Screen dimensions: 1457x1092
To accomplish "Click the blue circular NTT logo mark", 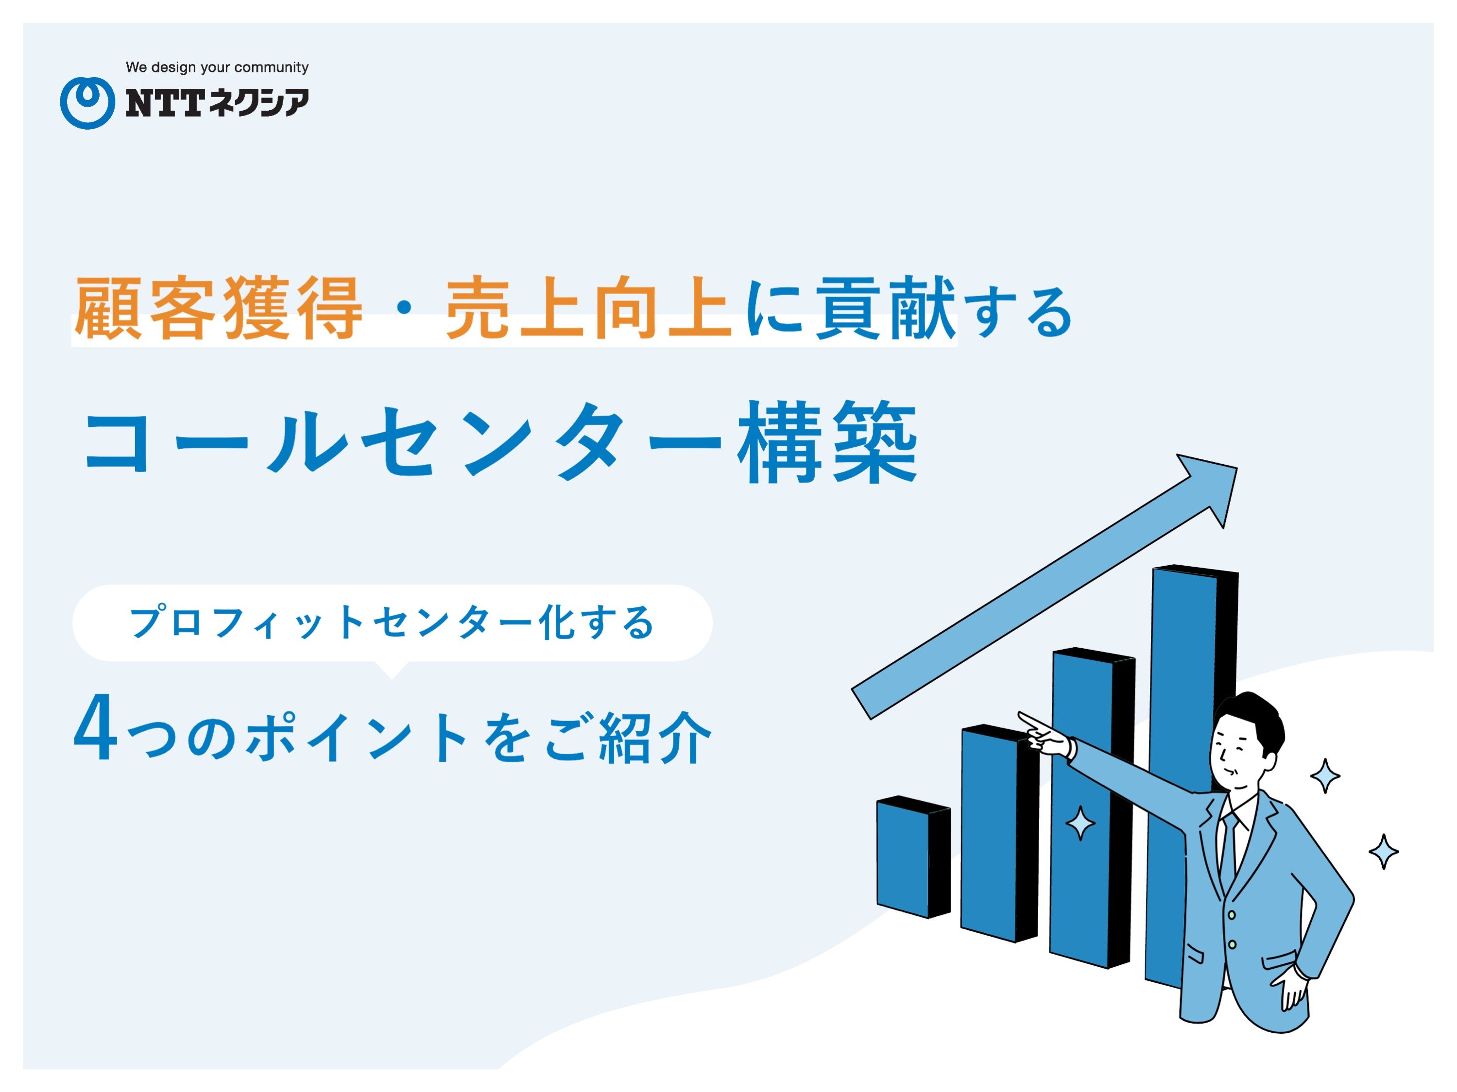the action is coord(87,102).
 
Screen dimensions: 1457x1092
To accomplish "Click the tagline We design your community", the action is coord(217,67).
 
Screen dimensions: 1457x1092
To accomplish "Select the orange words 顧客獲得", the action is coord(218,308).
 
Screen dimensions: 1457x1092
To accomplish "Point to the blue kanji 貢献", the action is coord(885,308).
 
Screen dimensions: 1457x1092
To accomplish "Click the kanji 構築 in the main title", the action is coord(827,442).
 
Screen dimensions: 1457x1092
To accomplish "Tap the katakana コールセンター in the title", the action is coord(404,442).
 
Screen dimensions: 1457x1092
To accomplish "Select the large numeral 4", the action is coord(96,728).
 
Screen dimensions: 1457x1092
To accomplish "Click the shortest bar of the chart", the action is coord(913,857).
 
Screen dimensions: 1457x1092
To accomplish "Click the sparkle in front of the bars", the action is coord(1080,823).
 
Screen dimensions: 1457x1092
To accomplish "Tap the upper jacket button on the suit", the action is coord(1231,915).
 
